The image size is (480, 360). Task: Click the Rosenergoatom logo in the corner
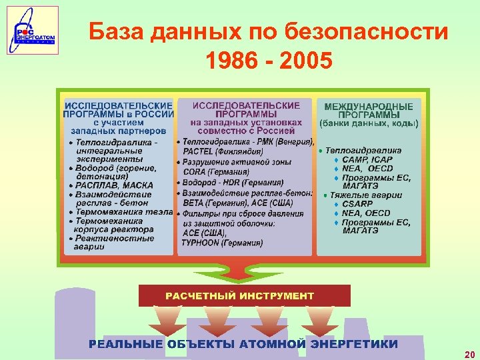(x=33, y=30)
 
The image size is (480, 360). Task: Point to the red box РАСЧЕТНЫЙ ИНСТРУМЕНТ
(x=244, y=295)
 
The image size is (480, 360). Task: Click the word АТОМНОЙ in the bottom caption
(x=274, y=344)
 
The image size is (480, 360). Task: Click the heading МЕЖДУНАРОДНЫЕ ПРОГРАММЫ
(x=368, y=111)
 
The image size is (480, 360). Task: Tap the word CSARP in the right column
(x=359, y=204)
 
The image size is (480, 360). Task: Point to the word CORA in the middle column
(x=195, y=172)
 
